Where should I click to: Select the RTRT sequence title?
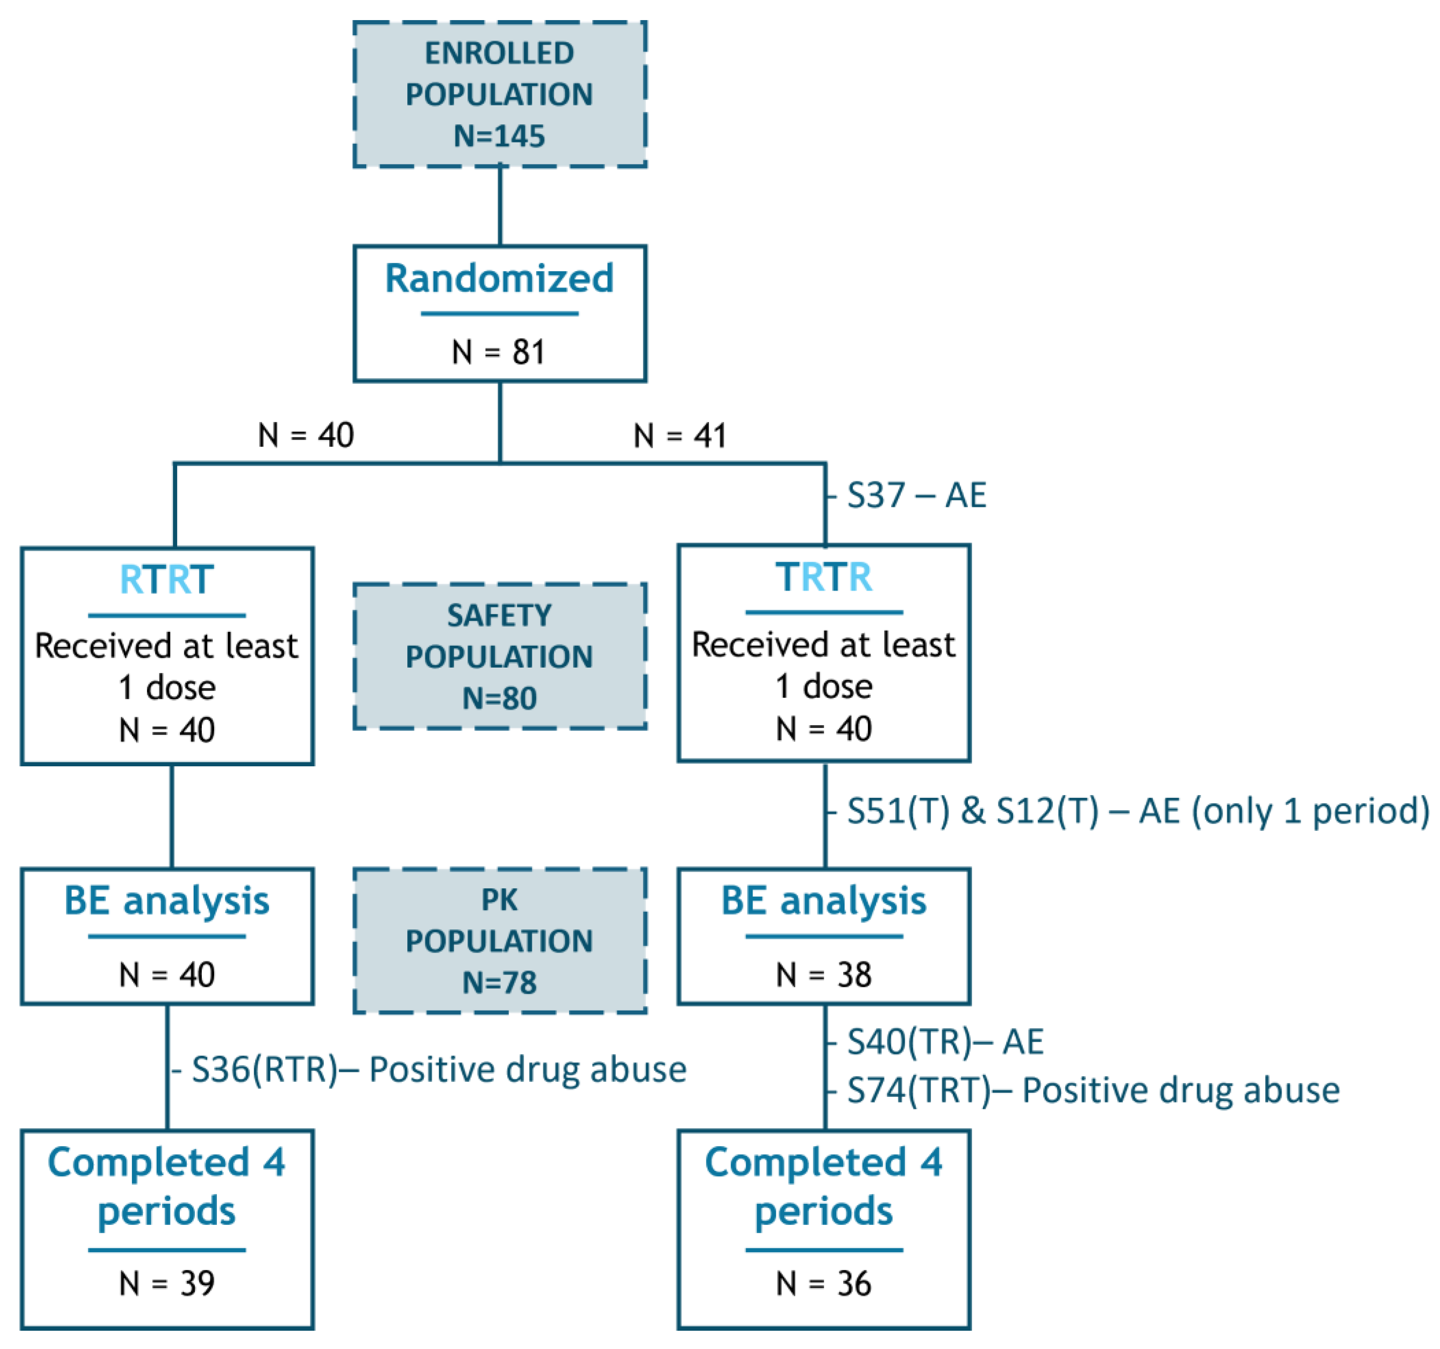click(x=167, y=580)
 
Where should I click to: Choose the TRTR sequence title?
click(x=824, y=577)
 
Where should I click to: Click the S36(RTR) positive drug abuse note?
click(x=438, y=1070)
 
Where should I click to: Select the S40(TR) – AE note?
click(x=945, y=1042)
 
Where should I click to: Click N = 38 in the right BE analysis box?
click(x=824, y=975)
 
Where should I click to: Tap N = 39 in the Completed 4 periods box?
click(x=167, y=1284)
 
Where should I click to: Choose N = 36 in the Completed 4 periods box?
click(x=824, y=1284)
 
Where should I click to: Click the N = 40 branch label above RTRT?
click(x=306, y=435)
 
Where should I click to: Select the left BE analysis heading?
click(x=167, y=901)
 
